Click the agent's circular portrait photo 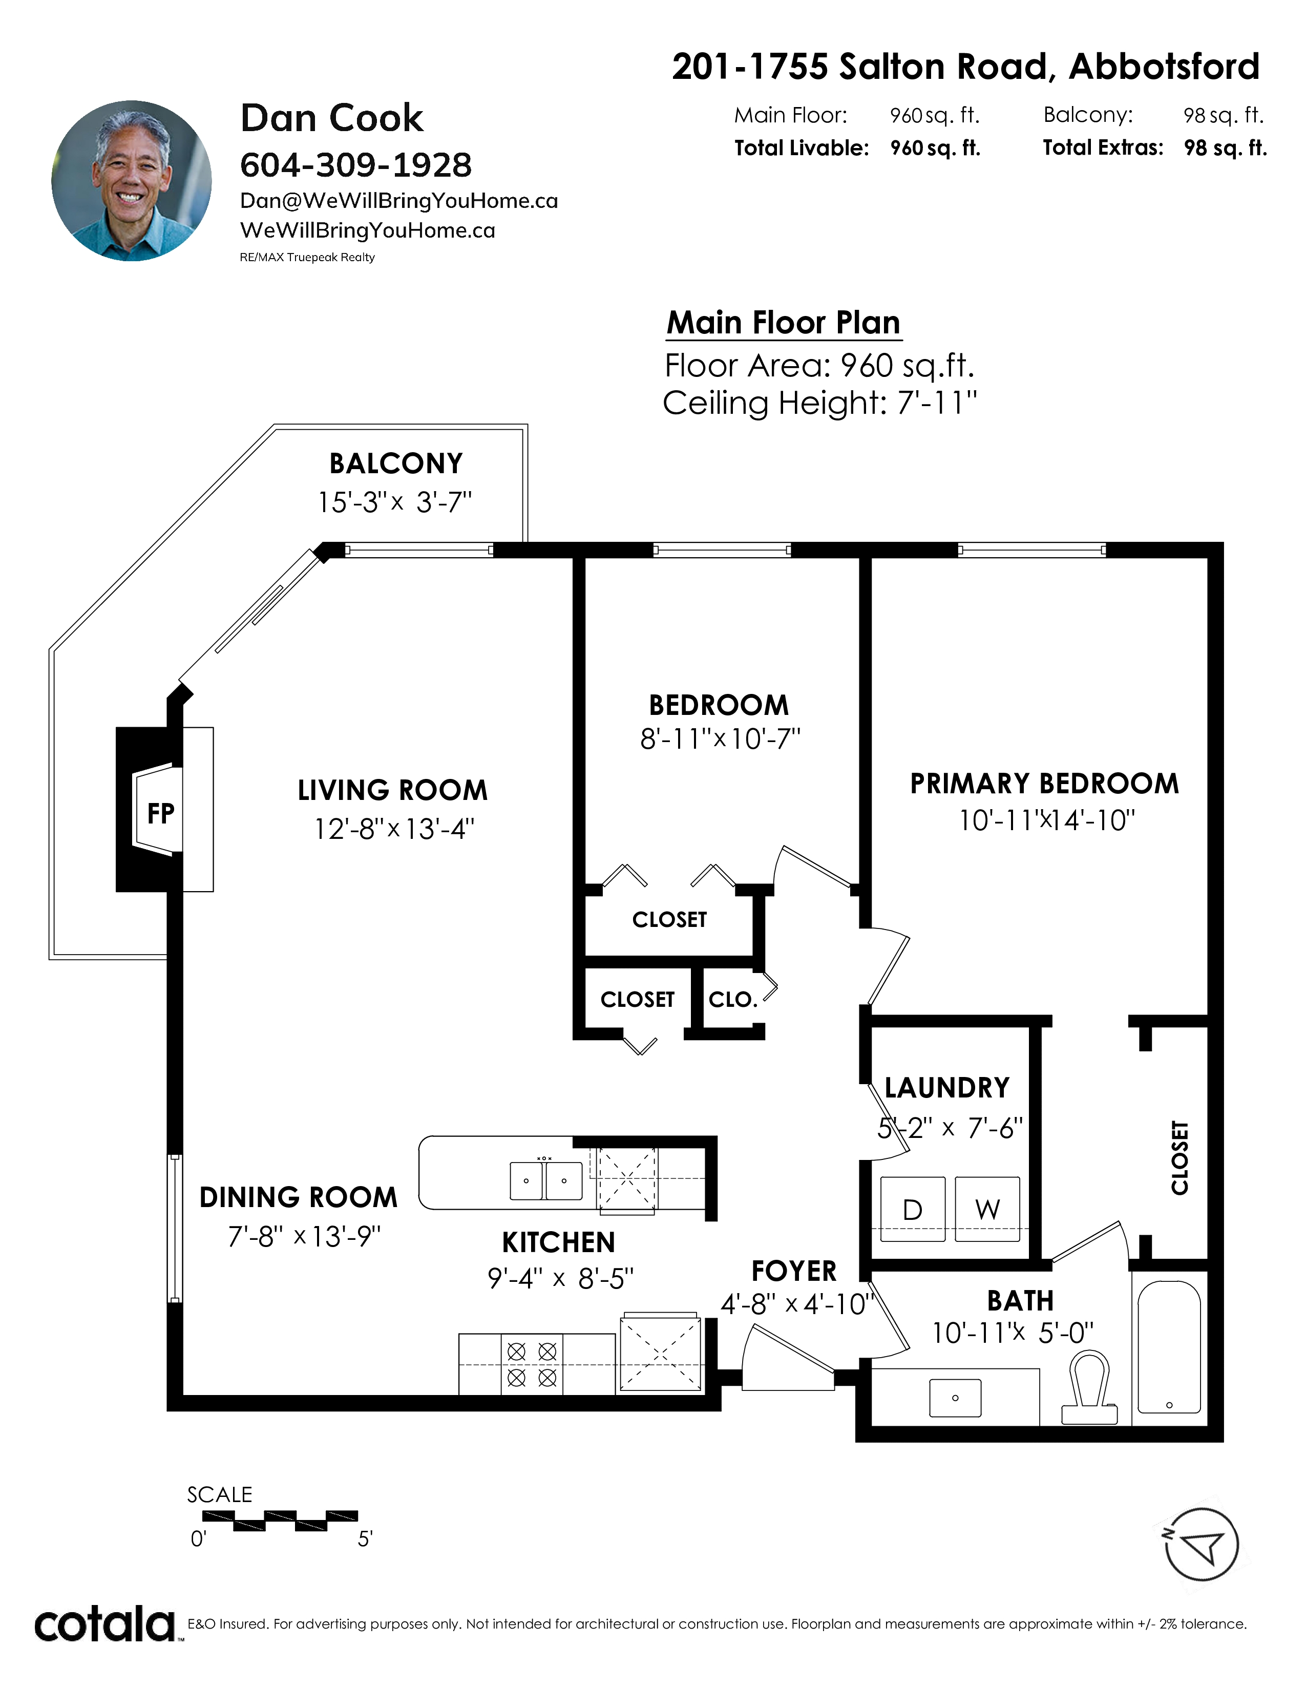(x=132, y=180)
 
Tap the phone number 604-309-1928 (x=356, y=165)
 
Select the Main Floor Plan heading (x=784, y=323)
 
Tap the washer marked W (x=987, y=1209)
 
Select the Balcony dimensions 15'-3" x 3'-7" (x=394, y=502)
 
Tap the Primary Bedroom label (x=1044, y=784)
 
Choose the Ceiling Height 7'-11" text (x=820, y=403)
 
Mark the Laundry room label (x=947, y=1088)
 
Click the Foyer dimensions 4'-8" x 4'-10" (x=797, y=1305)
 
